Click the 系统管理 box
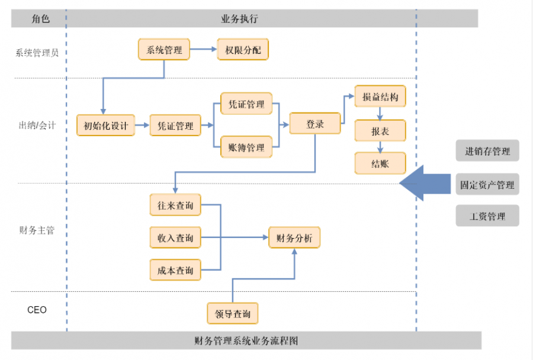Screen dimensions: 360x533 click(164, 49)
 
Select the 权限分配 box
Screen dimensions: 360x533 click(243, 49)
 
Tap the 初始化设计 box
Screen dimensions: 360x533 click(106, 126)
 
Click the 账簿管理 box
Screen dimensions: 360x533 click(246, 147)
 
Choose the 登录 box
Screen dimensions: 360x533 click(315, 124)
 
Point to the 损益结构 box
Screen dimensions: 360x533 click(380, 97)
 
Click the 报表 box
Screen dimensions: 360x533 click(380, 131)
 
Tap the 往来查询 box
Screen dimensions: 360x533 click(175, 205)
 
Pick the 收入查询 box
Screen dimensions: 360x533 click(175, 238)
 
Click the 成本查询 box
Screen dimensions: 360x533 click(175, 270)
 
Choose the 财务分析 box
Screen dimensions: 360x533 click(294, 238)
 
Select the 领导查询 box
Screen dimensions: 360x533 click(233, 313)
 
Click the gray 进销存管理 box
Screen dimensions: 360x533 click(487, 151)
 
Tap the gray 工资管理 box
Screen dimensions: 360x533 click(487, 216)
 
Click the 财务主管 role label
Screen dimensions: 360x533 click(37, 230)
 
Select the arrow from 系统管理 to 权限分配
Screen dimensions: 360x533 click(204, 49)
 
